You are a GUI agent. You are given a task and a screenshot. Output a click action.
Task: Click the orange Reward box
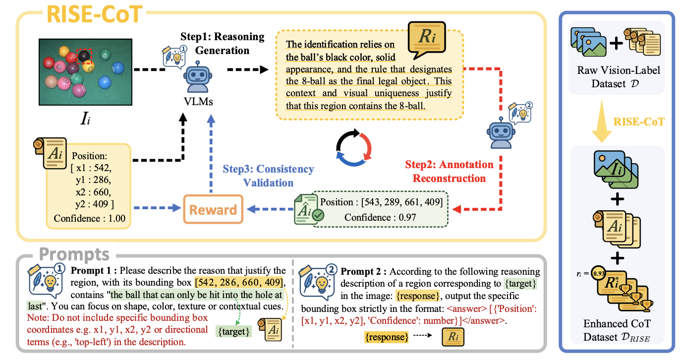tap(214, 210)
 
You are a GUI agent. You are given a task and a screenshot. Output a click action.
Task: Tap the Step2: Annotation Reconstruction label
tap(449, 171)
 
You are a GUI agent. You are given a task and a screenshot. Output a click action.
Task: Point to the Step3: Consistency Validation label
tap(268, 176)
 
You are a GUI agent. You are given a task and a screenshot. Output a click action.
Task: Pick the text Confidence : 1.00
tap(90, 218)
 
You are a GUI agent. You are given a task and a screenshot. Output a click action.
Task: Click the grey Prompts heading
tap(74, 254)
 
